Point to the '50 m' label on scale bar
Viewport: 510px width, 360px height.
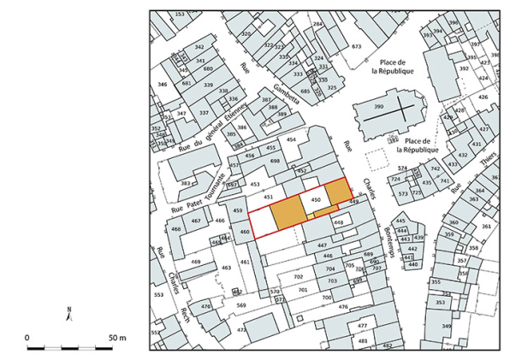[x=117, y=338]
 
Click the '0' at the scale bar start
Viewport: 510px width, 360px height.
[x=27, y=338]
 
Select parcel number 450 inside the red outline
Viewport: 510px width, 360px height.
[x=315, y=199]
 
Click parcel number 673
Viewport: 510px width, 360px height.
[x=357, y=46]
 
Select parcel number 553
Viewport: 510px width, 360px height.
[x=158, y=294]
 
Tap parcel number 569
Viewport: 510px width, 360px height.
[x=241, y=306]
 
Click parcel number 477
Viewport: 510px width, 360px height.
[x=362, y=326]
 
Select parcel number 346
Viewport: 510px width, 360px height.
[x=162, y=84]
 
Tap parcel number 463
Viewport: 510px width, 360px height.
[x=227, y=269]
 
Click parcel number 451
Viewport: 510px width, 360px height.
[x=268, y=198]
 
